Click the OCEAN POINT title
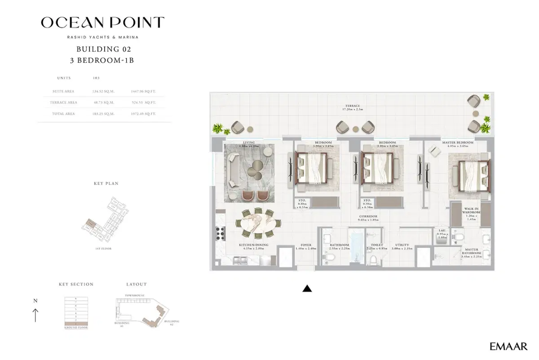[102, 22]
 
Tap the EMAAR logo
[509, 347]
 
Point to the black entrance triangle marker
[307, 289]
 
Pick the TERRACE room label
[353, 106]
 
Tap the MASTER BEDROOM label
[458, 142]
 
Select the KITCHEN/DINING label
[253, 245]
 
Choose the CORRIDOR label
[368, 216]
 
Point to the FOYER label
[306, 245]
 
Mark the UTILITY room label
[402, 245]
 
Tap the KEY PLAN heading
[106, 184]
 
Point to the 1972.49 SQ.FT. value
[143, 114]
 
